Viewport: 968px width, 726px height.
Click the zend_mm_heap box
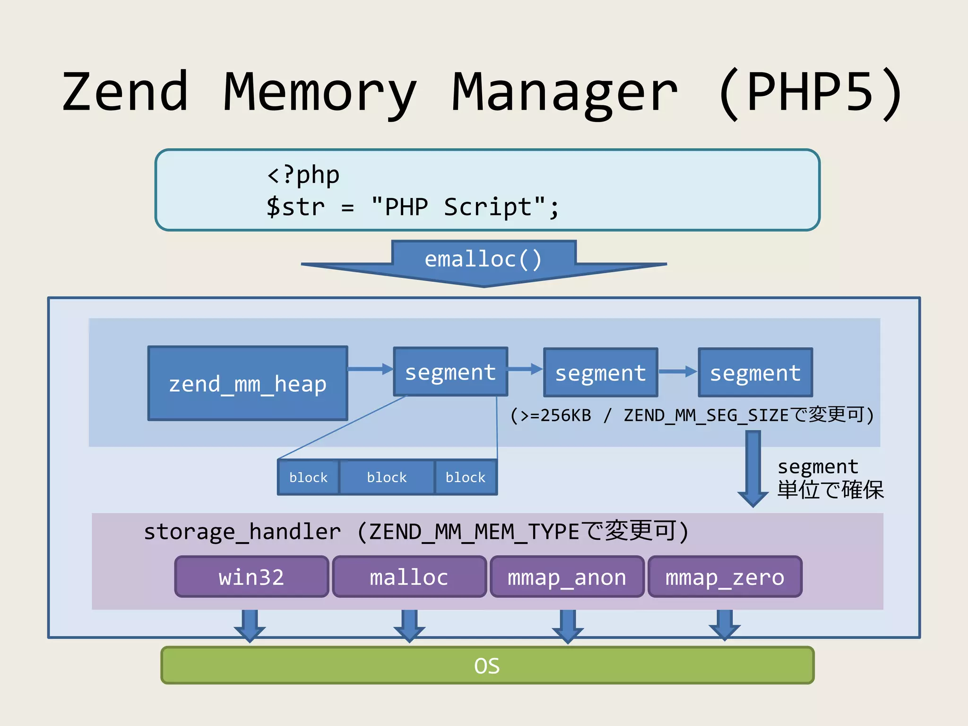(248, 383)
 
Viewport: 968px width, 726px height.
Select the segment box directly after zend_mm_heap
(450, 372)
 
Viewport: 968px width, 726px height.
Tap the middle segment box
(600, 372)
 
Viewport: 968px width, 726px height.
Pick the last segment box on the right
(755, 372)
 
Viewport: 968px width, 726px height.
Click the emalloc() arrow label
(483, 259)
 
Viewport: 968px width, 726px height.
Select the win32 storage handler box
(251, 577)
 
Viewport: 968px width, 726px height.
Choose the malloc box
(409, 577)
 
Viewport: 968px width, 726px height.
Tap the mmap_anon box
(567, 577)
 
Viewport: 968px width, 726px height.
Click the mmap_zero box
(725, 577)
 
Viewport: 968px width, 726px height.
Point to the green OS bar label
(487, 665)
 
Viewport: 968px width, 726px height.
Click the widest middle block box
(387, 477)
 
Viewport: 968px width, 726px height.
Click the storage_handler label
(242, 532)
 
